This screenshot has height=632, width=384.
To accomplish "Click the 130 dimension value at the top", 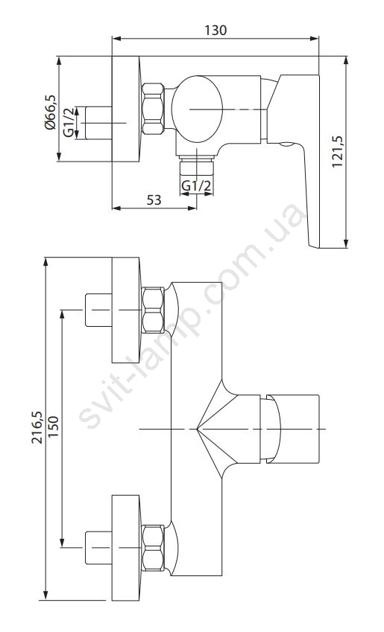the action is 215,31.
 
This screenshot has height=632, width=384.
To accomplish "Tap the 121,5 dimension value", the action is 337,152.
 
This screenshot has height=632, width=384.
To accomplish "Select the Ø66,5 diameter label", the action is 50,112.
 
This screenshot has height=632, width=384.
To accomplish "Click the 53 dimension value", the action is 154,200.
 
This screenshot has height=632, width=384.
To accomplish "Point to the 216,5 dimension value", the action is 37,427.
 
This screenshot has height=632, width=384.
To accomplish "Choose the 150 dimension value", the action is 53,427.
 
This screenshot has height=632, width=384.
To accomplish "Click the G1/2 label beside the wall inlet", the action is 69,123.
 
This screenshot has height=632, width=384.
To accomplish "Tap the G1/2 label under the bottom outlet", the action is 196,186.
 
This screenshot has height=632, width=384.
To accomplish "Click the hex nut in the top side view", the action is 154,109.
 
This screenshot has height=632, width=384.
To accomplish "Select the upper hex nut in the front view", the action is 154,310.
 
